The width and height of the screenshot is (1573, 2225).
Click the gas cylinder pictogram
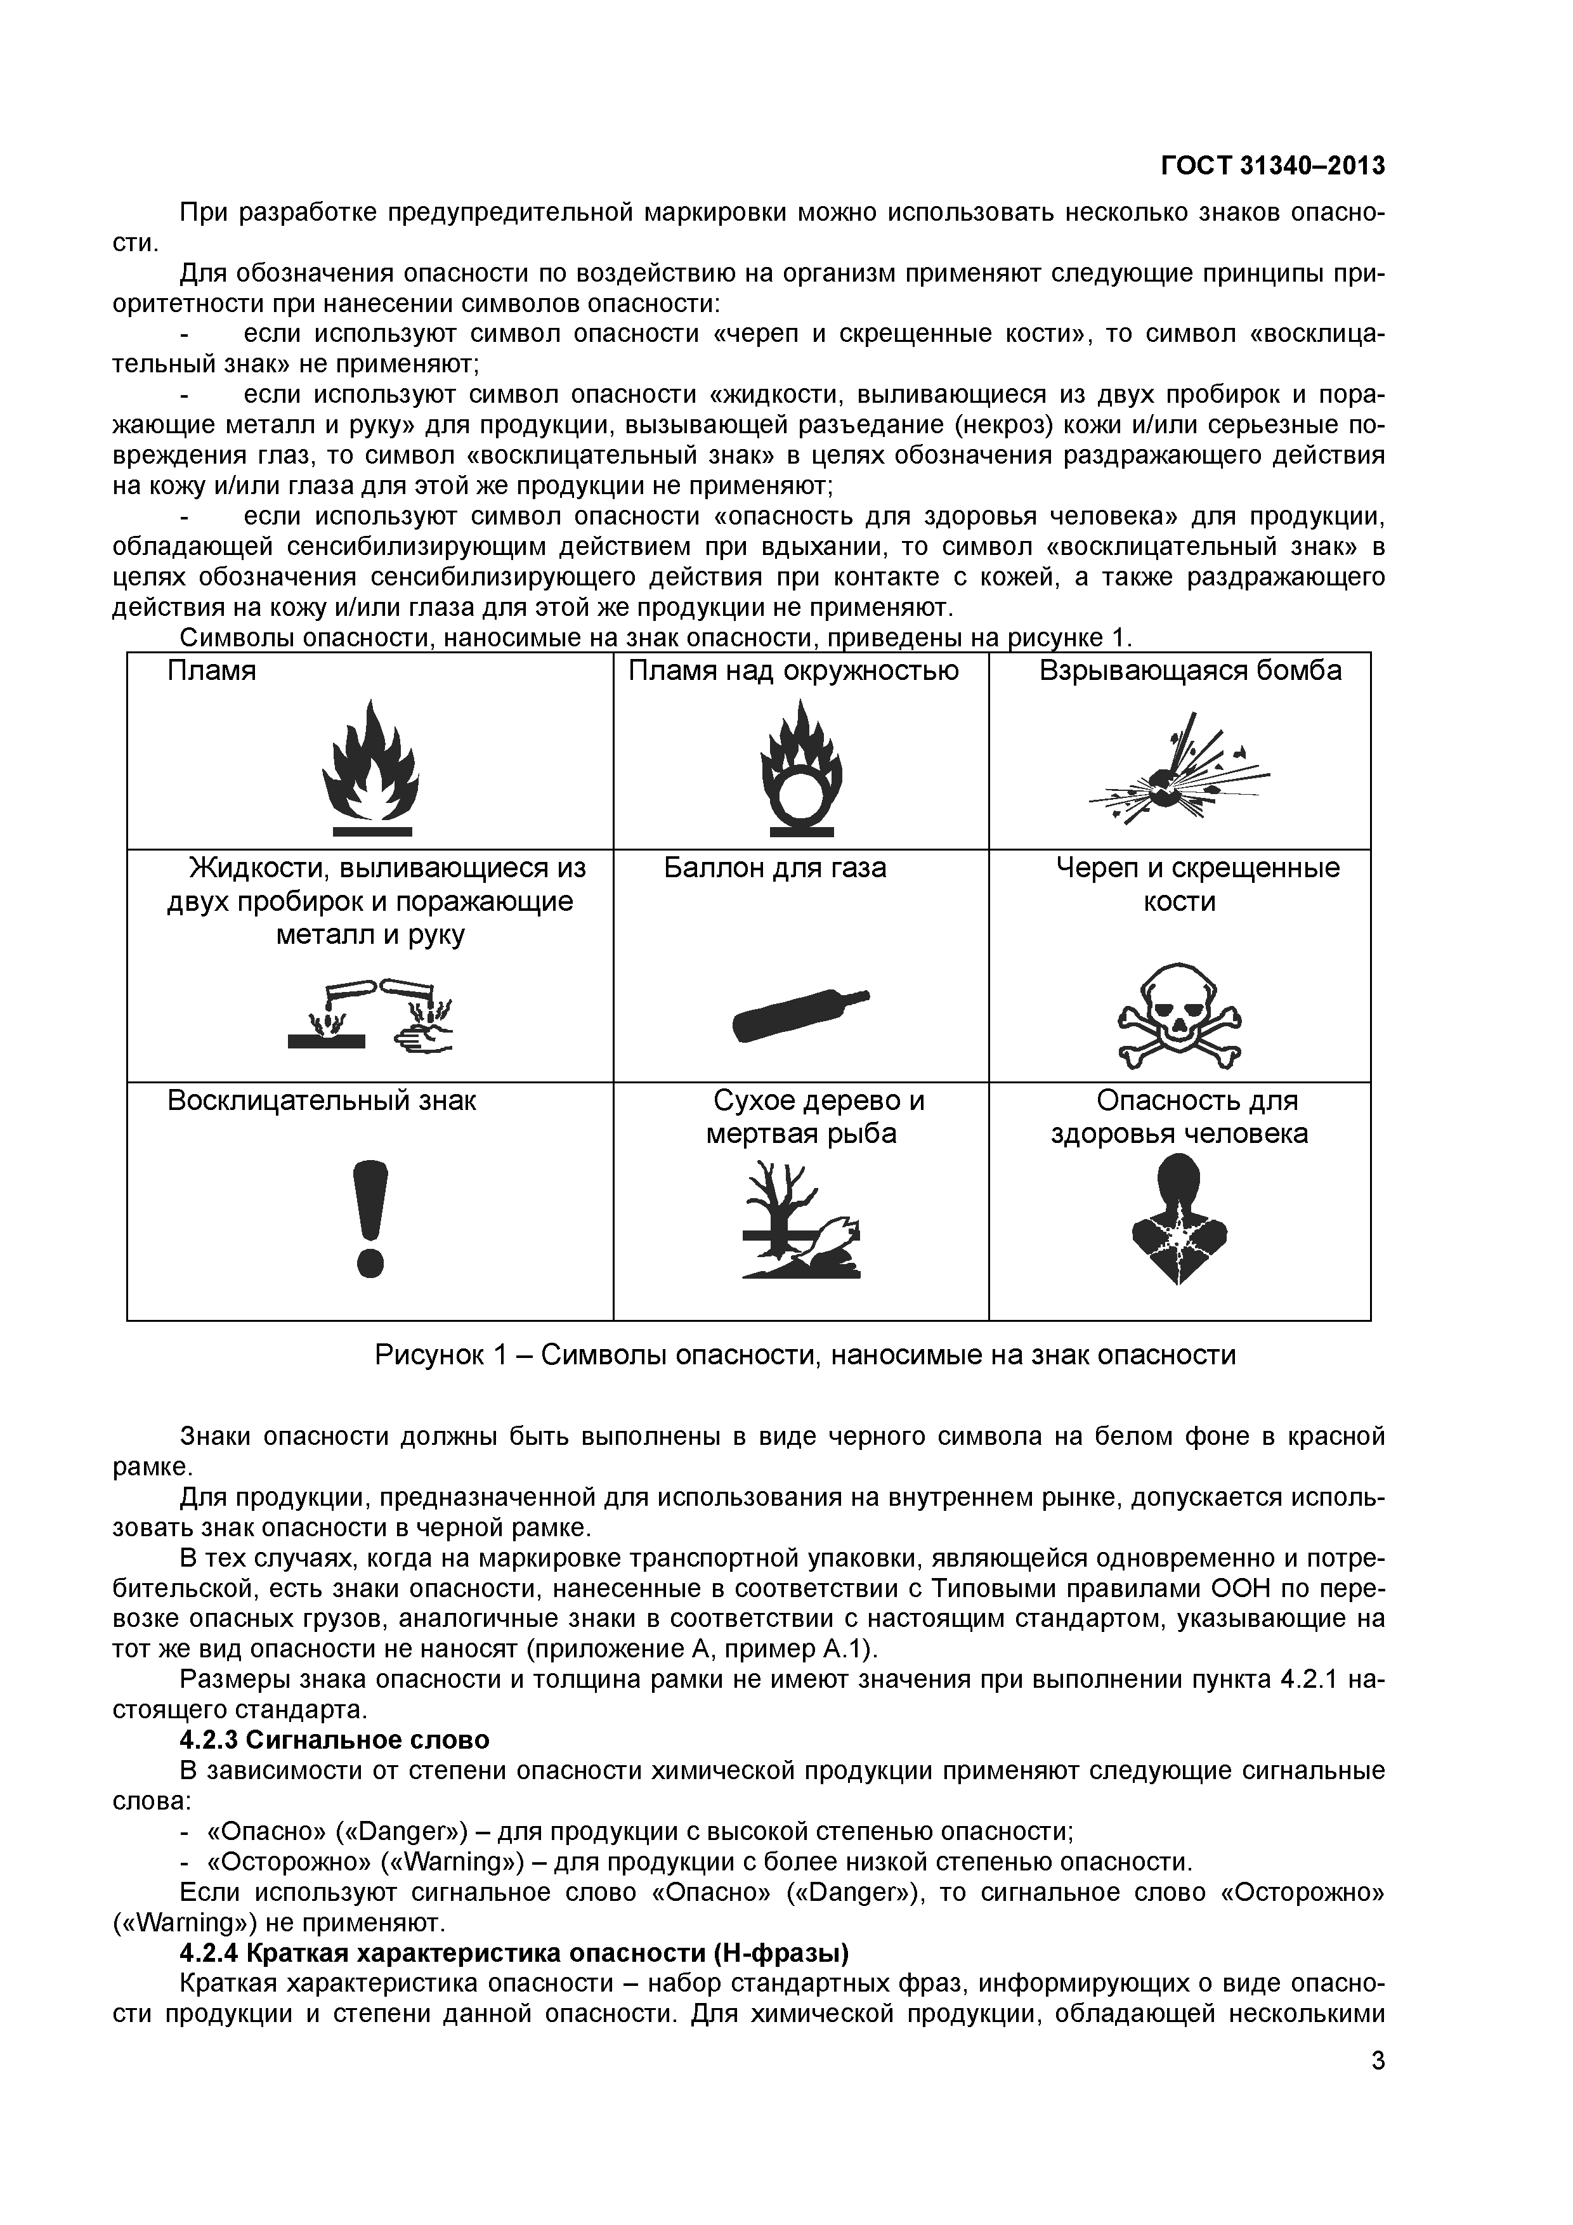pos(800,1014)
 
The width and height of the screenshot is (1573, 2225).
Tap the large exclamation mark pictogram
pos(371,1218)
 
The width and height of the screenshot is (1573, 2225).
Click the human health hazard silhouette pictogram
pos(1180,1222)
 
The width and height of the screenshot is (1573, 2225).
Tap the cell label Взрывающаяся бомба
pos(1190,670)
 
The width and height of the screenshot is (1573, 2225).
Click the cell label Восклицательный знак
pos(322,1101)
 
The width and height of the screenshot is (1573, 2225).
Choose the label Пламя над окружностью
pos(793,670)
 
